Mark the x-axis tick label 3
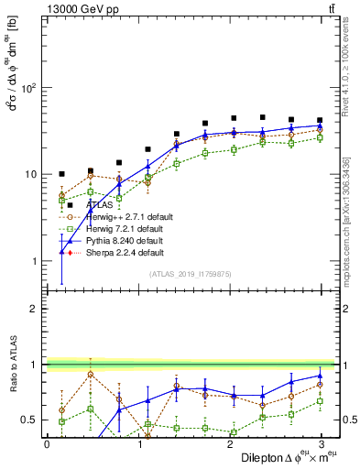(x=320, y=443)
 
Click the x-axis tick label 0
(x=47, y=443)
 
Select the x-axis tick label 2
(x=229, y=443)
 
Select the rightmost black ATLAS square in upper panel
(x=320, y=120)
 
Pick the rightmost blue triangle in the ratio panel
(x=320, y=376)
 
